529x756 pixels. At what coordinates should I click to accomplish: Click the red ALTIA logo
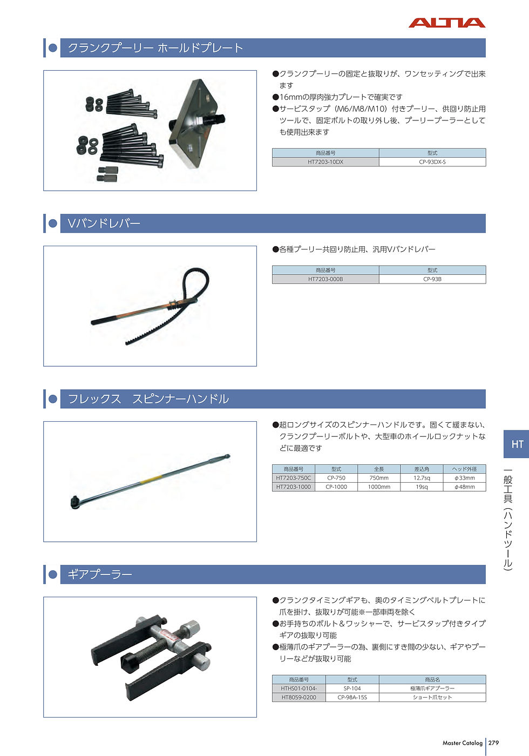(x=447, y=23)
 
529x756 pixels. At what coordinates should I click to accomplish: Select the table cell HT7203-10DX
(x=325, y=162)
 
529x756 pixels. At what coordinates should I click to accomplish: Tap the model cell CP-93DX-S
(x=432, y=162)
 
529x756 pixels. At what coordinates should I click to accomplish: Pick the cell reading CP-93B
(x=432, y=279)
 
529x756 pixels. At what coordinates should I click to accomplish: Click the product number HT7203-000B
(x=325, y=279)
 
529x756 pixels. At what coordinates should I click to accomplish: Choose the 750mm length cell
(x=379, y=478)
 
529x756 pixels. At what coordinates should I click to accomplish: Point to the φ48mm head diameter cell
(x=465, y=487)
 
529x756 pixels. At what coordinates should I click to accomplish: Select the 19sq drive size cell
(x=422, y=487)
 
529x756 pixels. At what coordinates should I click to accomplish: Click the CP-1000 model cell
(x=336, y=487)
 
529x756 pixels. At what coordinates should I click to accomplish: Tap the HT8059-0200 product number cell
(x=299, y=697)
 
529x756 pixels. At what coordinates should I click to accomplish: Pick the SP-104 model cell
(x=352, y=688)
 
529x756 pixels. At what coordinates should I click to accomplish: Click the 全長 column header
(x=379, y=469)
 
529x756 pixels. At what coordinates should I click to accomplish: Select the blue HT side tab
(x=516, y=444)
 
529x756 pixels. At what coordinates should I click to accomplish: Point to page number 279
(x=493, y=743)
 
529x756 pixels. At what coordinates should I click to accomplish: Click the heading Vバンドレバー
(x=104, y=224)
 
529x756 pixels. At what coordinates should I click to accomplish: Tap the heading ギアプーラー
(x=100, y=575)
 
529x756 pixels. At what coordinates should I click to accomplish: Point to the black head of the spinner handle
(x=75, y=502)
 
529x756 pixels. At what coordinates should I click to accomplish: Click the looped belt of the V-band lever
(x=195, y=284)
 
